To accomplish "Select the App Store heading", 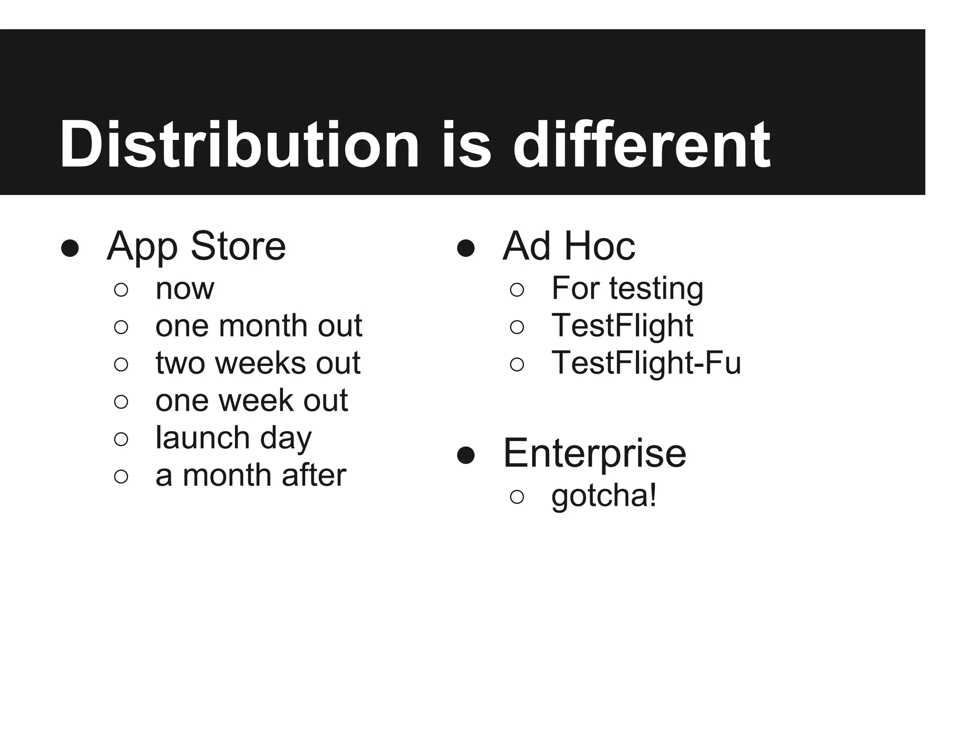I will click(x=196, y=247).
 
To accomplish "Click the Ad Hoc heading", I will click(x=569, y=247).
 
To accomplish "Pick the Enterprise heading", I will click(x=594, y=454).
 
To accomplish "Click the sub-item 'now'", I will click(x=185, y=288).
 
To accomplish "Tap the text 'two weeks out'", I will click(x=258, y=363).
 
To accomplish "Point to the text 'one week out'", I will click(x=252, y=400).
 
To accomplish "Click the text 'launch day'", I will click(x=234, y=438).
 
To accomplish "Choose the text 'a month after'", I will click(x=251, y=475).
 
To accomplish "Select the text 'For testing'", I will click(x=627, y=288).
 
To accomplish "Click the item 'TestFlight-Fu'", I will click(x=646, y=363).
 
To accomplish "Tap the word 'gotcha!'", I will click(x=604, y=496).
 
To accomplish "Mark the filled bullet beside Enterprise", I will click(x=466, y=455).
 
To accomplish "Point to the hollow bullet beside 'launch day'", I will click(x=121, y=439).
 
